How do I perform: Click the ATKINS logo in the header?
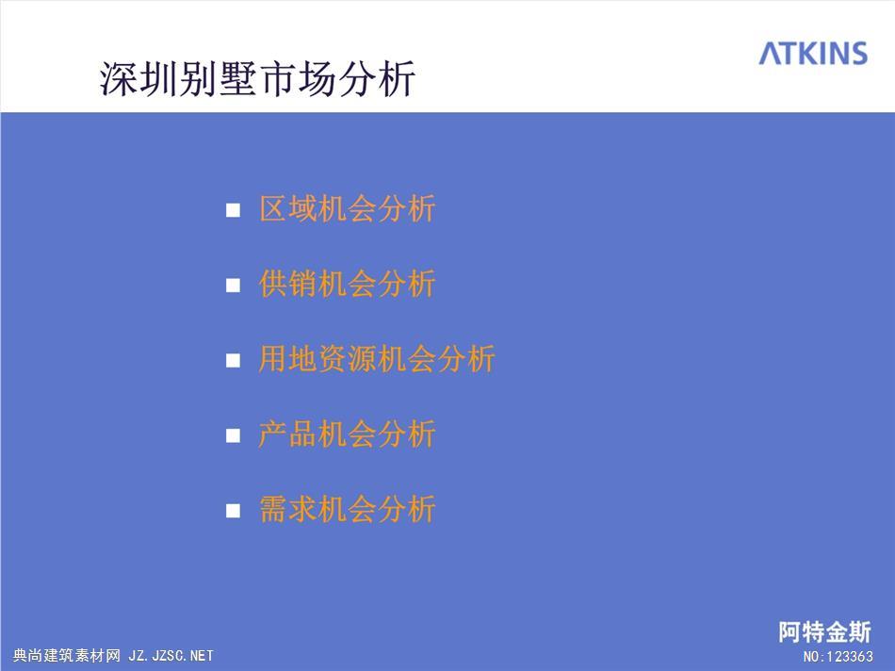click(x=813, y=53)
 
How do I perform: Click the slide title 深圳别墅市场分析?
click(x=257, y=78)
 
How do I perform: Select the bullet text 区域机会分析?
click(x=347, y=208)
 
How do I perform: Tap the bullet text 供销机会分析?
click(x=347, y=284)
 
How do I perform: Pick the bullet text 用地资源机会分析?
click(x=377, y=359)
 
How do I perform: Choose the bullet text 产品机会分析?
click(x=347, y=434)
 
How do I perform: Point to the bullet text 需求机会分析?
click(x=347, y=509)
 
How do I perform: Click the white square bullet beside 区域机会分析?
click(x=233, y=210)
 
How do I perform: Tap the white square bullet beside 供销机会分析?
click(x=233, y=285)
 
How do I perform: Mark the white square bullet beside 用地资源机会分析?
click(x=233, y=360)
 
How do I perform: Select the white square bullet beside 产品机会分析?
click(x=233, y=435)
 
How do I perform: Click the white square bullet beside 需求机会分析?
click(x=233, y=511)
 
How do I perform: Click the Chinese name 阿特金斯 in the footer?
click(x=824, y=632)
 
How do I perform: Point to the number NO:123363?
click(x=838, y=657)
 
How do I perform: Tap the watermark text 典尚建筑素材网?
click(x=67, y=656)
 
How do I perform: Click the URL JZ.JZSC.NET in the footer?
click(x=171, y=656)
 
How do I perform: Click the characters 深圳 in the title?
click(x=138, y=78)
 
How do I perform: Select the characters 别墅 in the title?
click(x=218, y=78)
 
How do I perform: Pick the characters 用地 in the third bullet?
click(x=287, y=359)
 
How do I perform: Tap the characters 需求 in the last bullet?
click(x=287, y=509)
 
